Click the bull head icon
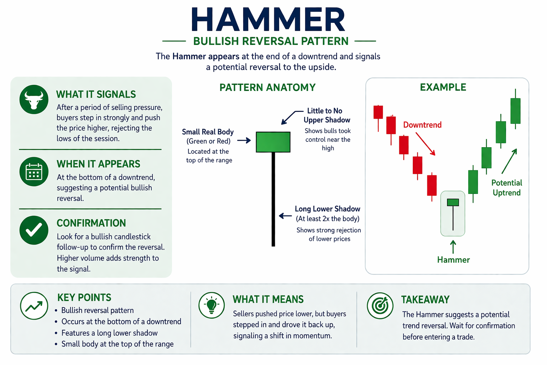[x=34, y=99]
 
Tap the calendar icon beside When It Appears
[x=34, y=171]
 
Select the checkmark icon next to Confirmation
[x=34, y=230]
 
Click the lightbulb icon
[x=212, y=305]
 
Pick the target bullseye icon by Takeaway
[x=380, y=305]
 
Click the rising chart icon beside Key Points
[x=34, y=306]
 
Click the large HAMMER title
[x=268, y=20]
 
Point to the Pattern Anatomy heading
[x=267, y=87]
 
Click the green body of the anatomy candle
[x=273, y=142]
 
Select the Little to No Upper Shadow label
[x=327, y=115]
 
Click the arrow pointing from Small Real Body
[x=244, y=141]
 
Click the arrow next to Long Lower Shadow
[x=285, y=216]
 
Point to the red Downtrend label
[x=422, y=125]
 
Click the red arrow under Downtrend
[x=425, y=144]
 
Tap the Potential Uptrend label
[x=506, y=188]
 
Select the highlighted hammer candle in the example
[x=453, y=213]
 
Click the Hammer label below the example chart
[x=453, y=260]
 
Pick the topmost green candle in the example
[x=515, y=110]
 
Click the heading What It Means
[x=268, y=299]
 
